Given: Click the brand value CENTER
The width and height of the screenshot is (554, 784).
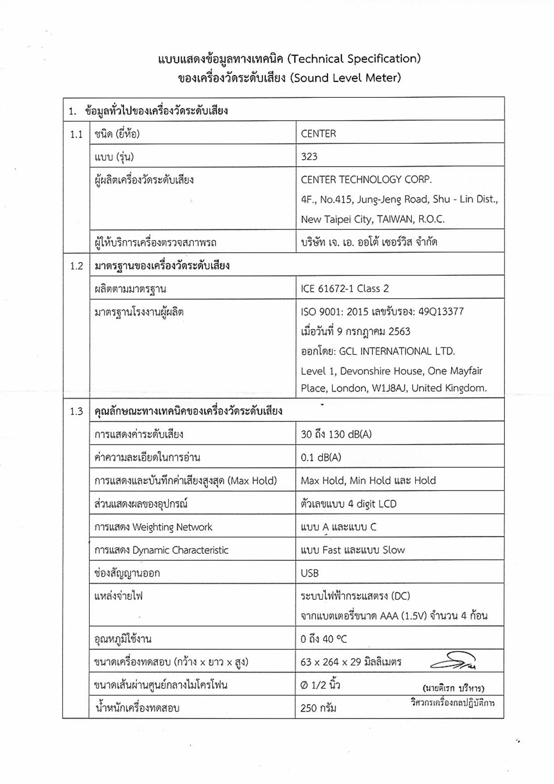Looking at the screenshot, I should coord(318,134).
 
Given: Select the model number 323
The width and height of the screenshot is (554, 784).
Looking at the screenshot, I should coord(309,156).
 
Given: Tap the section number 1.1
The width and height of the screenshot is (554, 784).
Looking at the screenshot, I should coord(76,134).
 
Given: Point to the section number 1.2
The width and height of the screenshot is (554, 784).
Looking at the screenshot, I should coord(76,266).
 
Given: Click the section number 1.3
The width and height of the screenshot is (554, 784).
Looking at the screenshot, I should coord(76,411).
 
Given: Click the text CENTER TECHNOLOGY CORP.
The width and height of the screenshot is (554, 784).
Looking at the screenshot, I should coord(366,180).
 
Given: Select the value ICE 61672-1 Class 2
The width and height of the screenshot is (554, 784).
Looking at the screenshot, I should coord(344,289).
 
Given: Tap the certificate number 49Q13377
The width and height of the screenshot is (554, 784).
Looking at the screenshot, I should coord(441,312).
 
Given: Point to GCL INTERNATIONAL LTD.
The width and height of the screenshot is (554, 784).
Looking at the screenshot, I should coord(397,351).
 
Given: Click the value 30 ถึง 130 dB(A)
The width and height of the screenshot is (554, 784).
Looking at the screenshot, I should coord(336,434).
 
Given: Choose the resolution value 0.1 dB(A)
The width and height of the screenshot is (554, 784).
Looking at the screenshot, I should coord(321,458).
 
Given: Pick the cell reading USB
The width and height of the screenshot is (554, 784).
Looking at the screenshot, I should coord(310,573).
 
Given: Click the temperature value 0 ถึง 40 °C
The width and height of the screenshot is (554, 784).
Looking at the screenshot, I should coord(323,639).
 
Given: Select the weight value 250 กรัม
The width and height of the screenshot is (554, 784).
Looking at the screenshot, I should coord(318,708).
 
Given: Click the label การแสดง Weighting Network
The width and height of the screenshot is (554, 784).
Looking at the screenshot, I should coord(153,527).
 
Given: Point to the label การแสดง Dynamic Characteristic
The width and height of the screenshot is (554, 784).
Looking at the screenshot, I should coord(161,550).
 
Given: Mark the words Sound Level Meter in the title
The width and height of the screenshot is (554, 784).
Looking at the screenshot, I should coord(345,78).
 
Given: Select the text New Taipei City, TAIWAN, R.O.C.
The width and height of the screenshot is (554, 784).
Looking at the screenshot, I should coord(373,219).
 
